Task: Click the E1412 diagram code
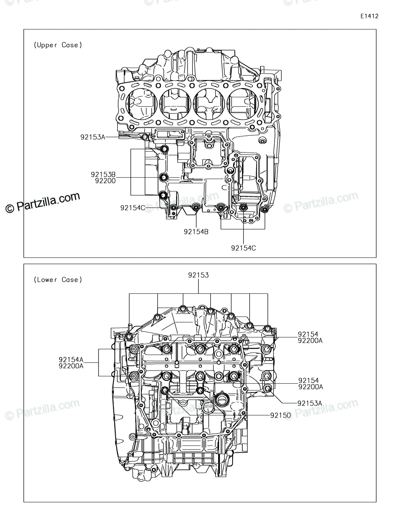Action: point(369,16)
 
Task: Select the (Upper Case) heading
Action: point(58,45)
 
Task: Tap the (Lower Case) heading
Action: point(58,280)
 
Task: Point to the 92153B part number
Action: point(103,174)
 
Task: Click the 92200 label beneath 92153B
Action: point(105,181)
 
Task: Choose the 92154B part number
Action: point(196,232)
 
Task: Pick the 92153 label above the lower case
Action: point(198,275)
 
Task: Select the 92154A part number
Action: point(71,359)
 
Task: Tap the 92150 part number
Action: point(281,415)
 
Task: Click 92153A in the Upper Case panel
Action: point(93,137)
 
